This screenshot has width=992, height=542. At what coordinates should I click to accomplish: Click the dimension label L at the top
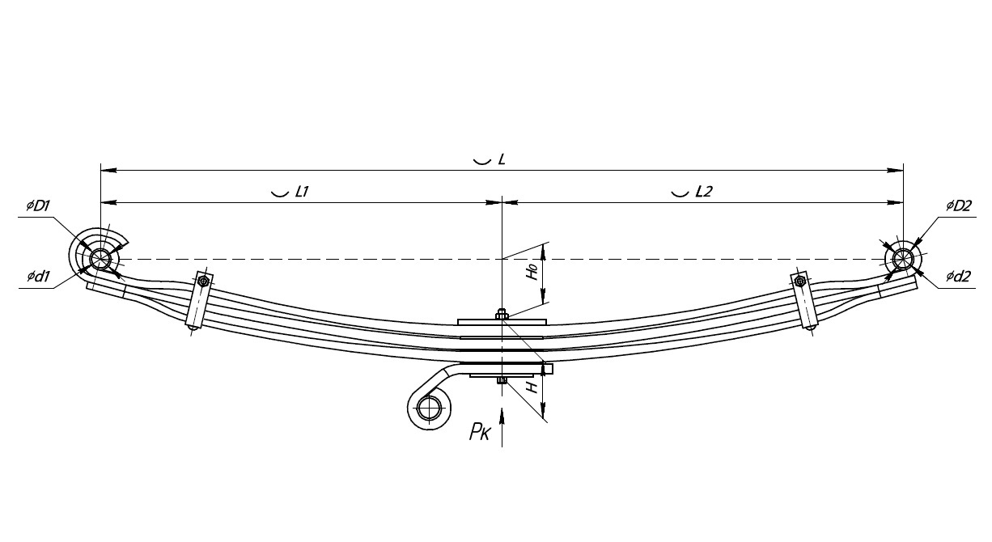click(x=502, y=159)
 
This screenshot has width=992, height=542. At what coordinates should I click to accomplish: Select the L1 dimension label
click(x=302, y=192)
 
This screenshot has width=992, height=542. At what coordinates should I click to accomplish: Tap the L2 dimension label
click(x=704, y=192)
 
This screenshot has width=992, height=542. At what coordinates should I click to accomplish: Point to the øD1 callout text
click(x=38, y=206)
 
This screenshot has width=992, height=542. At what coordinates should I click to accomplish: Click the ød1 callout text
click(x=38, y=277)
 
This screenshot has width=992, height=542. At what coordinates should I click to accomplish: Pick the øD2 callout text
click(x=959, y=206)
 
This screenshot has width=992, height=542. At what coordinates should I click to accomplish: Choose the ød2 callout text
click(x=958, y=277)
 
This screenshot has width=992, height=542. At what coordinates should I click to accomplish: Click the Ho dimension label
click(x=532, y=272)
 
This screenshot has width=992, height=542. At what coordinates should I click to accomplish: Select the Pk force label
click(x=480, y=431)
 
